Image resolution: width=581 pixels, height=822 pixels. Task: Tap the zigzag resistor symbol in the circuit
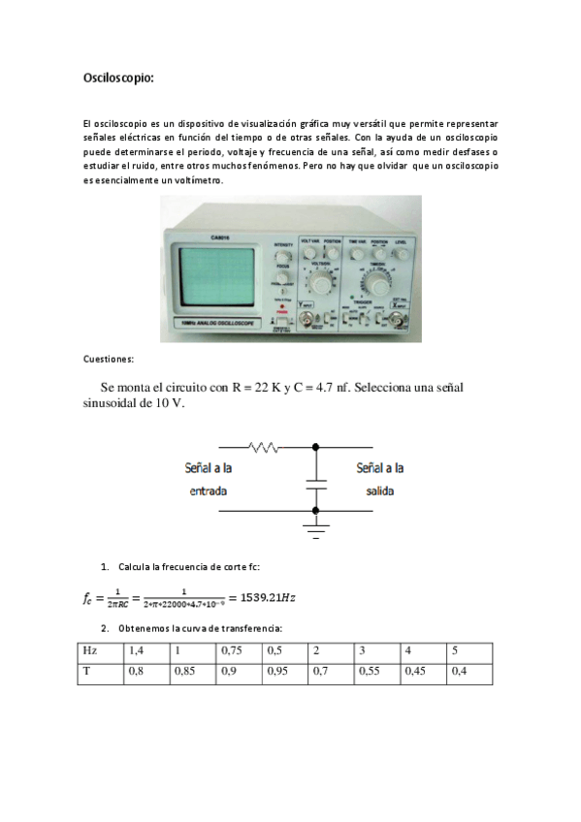click(x=264, y=447)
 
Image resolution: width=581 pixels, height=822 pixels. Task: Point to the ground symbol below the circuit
click(x=314, y=528)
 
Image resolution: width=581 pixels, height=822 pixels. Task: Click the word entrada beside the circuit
click(x=208, y=491)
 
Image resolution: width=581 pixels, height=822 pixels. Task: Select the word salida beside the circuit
click(x=379, y=491)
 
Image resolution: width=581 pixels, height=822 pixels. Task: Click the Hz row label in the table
click(x=89, y=649)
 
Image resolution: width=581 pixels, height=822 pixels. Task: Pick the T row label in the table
click(x=86, y=670)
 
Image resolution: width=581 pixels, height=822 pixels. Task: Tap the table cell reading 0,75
click(x=231, y=649)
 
